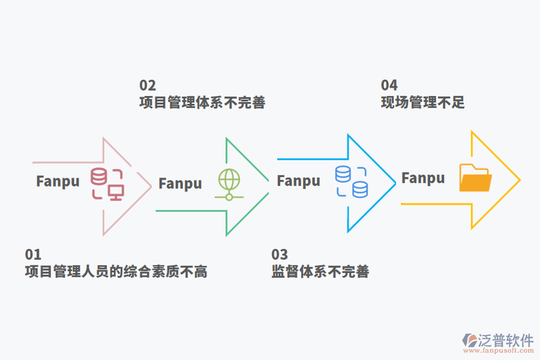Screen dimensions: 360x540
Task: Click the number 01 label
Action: (x=33, y=254)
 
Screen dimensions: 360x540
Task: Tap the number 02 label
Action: (x=148, y=85)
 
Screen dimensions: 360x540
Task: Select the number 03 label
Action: (x=280, y=254)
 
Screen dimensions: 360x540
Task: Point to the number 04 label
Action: (x=389, y=85)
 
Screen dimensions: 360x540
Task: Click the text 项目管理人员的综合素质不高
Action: (x=116, y=272)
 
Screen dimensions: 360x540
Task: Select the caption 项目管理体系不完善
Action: (x=202, y=103)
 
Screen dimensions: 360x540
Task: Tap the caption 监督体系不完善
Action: (x=320, y=272)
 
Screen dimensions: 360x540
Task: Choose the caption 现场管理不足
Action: (x=422, y=103)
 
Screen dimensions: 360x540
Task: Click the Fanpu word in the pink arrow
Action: (x=58, y=181)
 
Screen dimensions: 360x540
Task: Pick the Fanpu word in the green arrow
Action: (x=180, y=183)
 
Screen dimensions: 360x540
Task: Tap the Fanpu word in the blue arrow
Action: (x=298, y=180)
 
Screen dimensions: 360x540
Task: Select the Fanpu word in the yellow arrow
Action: (x=423, y=178)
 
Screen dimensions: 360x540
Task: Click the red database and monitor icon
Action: (x=107, y=184)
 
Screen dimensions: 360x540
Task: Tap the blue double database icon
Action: (x=352, y=182)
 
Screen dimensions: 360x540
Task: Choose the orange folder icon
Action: (x=475, y=178)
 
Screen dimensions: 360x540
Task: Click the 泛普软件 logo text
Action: (x=505, y=340)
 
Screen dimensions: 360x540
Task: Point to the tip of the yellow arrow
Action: (x=519, y=179)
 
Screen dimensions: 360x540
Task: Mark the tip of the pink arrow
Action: (x=151, y=186)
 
